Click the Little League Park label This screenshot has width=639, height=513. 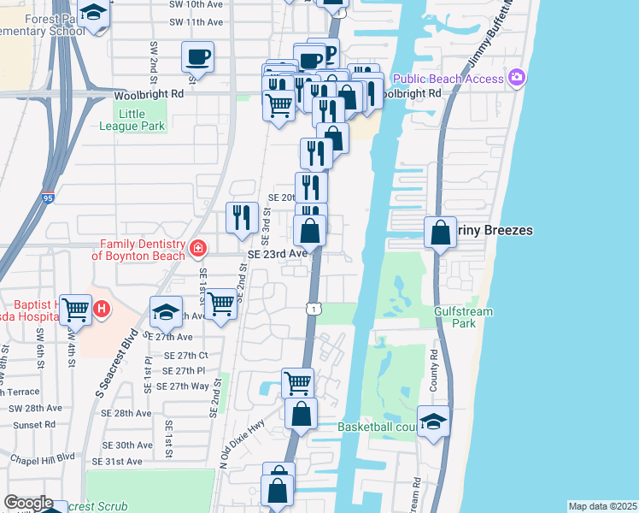(142, 120)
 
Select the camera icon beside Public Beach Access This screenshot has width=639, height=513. (516, 80)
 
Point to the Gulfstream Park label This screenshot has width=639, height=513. (463, 317)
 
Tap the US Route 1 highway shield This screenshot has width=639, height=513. (314, 309)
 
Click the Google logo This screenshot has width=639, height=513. (28, 503)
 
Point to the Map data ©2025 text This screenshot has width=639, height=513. (602, 506)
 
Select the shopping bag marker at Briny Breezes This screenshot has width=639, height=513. (440, 233)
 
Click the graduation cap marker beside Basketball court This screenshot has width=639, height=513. (434, 422)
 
